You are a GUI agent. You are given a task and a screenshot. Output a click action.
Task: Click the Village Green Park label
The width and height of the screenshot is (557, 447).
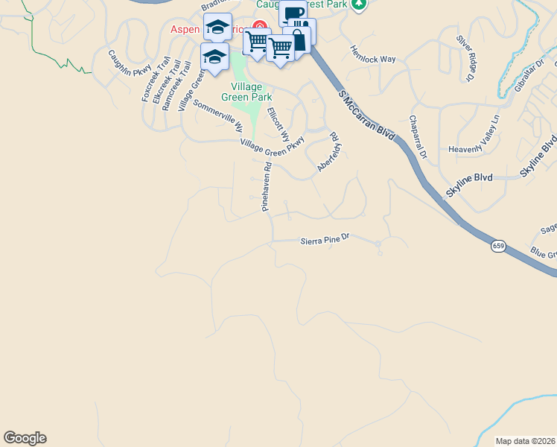pos(246,92)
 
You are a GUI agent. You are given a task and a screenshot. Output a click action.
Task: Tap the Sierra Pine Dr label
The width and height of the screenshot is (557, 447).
pos(324,241)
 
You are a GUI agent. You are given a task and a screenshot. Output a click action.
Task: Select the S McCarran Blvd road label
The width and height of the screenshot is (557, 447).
pos(366,113)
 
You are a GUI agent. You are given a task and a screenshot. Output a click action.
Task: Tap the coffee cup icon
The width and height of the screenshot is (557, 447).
pos(293,13)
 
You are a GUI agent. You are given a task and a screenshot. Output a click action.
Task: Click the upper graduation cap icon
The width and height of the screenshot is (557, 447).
pos(217,27)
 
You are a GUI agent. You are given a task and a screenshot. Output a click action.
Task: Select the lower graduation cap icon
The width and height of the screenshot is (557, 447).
pos(214,56)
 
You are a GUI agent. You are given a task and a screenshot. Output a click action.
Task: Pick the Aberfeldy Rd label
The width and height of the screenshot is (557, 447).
pos(328,153)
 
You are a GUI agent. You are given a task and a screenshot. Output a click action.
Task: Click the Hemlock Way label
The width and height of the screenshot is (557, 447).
pos(372,54)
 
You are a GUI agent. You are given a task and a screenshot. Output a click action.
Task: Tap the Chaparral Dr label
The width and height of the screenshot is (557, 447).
pos(417,136)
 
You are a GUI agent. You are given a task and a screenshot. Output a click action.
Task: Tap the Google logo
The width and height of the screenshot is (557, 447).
pos(25,438)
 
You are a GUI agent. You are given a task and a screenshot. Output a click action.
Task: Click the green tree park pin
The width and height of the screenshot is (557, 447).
pos(360,4)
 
